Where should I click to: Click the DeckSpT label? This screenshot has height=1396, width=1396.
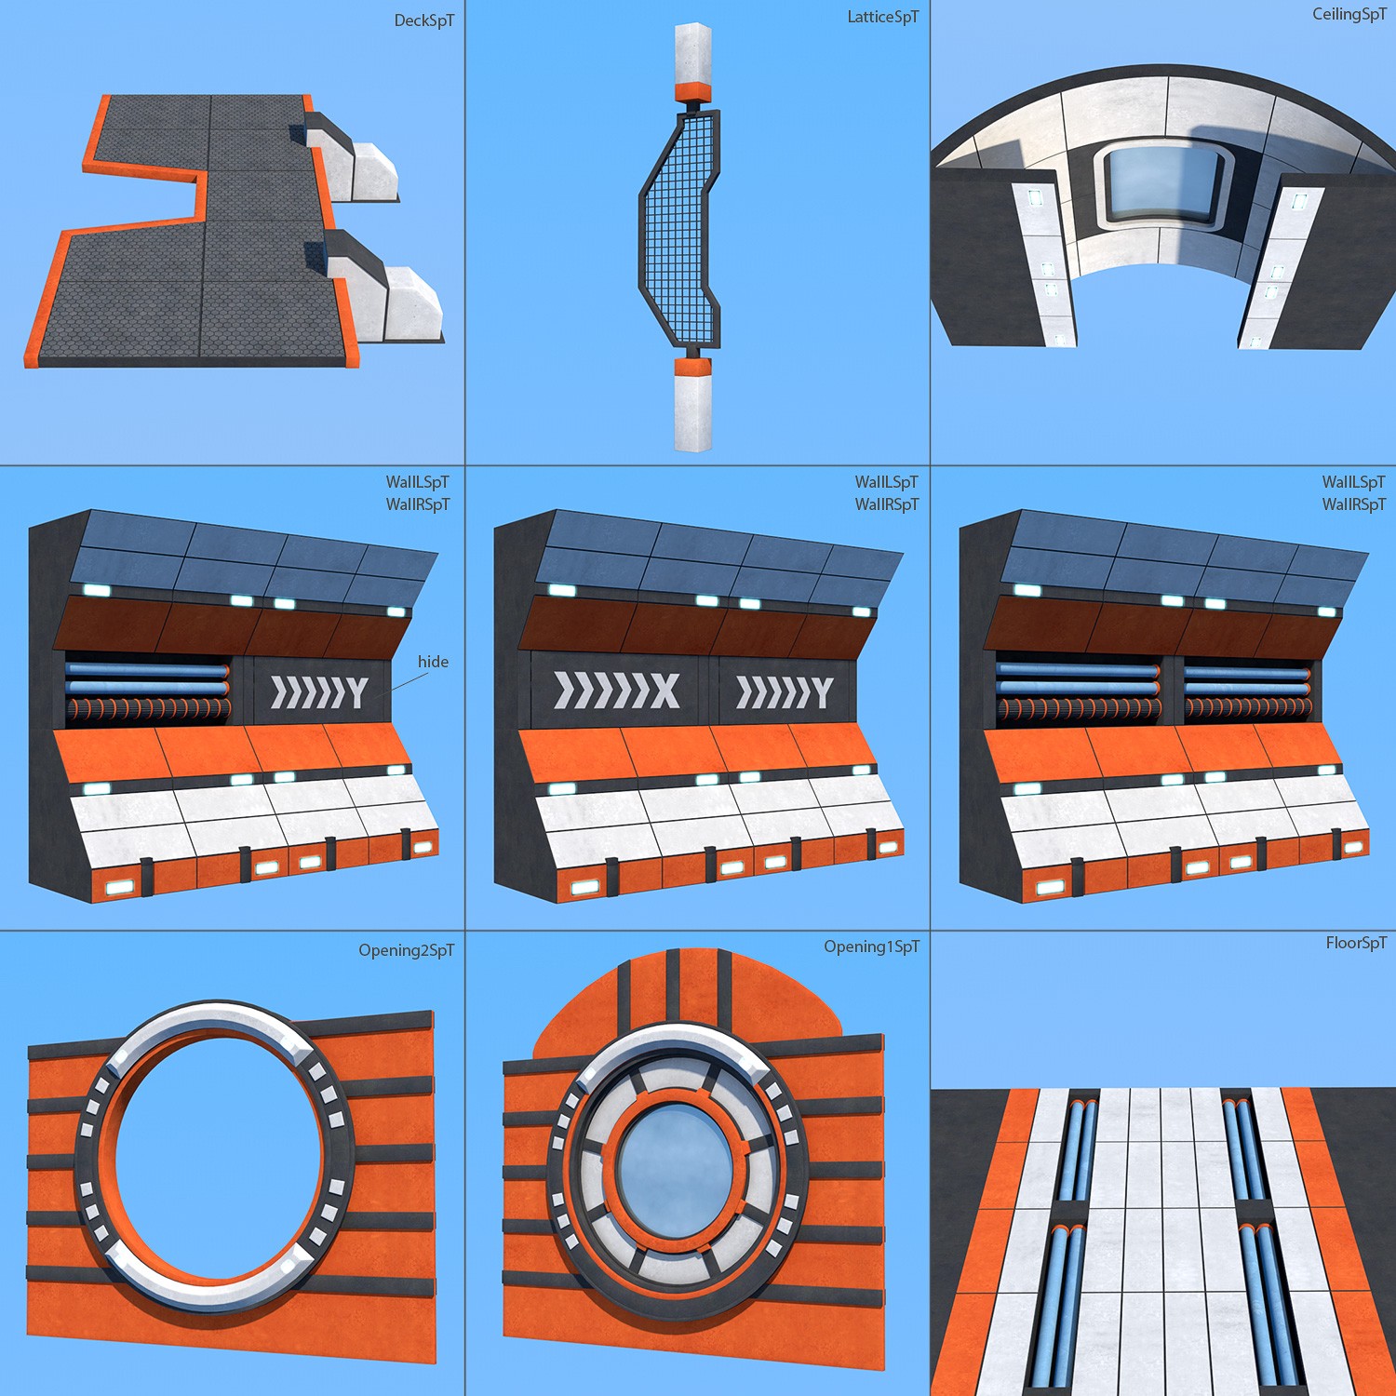click(x=424, y=20)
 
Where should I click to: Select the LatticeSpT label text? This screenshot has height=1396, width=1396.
click(x=883, y=17)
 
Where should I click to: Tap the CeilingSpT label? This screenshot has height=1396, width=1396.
click(x=1349, y=14)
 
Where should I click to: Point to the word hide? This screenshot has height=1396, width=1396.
click(x=433, y=662)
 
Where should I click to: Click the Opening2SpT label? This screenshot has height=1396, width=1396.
click(x=407, y=950)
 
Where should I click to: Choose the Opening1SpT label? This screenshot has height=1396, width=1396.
click(x=872, y=946)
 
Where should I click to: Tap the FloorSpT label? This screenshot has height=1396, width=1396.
click(x=1356, y=943)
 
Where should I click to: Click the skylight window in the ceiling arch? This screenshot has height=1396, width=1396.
click(x=1162, y=187)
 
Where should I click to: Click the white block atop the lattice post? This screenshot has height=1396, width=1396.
click(x=692, y=54)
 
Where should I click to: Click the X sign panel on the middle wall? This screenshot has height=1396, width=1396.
click(x=618, y=691)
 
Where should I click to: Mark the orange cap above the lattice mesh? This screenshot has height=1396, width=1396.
click(x=692, y=92)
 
